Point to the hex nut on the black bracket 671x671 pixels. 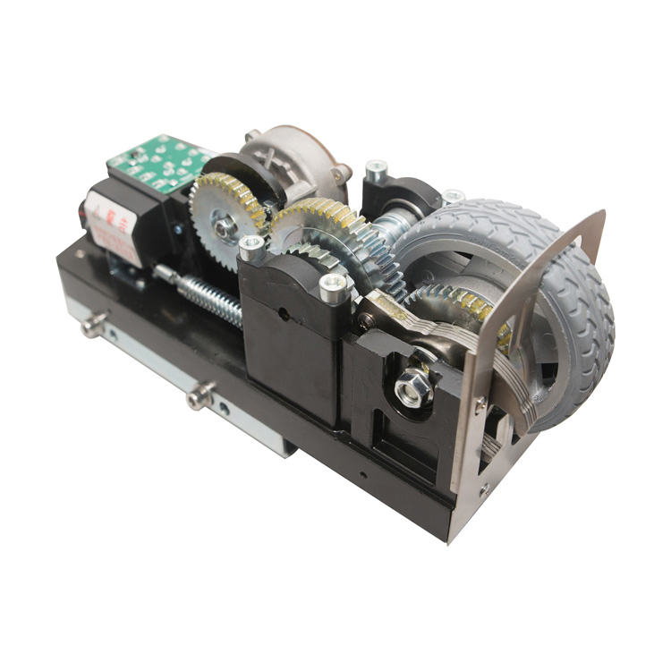pyautogui.click(x=413, y=389)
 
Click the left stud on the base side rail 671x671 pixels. pyautogui.click(x=92, y=327)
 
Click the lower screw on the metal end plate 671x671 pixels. pyautogui.click(x=484, y=488)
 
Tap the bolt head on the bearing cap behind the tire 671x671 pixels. pyautogui.click(x=376, y=167)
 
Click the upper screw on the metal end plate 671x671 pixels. pyautogui.click(x=480, y=408)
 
